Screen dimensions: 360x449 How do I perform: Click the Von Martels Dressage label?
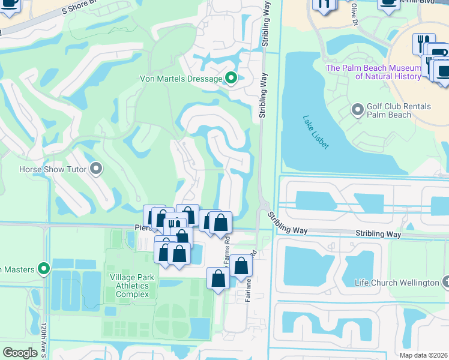(181, 79)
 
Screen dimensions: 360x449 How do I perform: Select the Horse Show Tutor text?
(52, 169)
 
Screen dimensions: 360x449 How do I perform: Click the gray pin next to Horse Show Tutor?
(95, 169)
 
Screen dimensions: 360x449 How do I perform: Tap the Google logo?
(20, 353)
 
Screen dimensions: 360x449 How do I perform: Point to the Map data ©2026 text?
(423, 355)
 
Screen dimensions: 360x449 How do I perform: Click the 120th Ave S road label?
(44, 340)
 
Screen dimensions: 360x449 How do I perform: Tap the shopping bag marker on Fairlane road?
(241, 265)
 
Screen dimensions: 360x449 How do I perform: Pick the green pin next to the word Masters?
(43, 269)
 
